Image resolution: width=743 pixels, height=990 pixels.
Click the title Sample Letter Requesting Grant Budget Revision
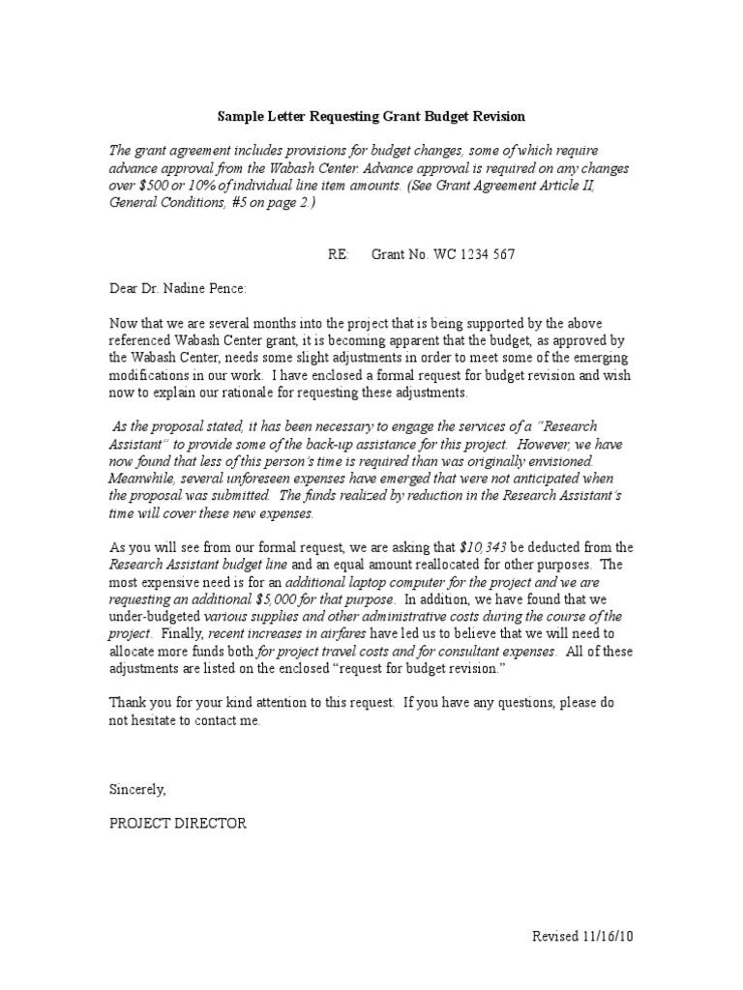click(x=371, y=116)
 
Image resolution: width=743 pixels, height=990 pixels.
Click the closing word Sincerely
click(x=137, y=789)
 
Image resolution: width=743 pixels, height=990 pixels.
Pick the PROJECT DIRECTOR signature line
click(x=178, y=823)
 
